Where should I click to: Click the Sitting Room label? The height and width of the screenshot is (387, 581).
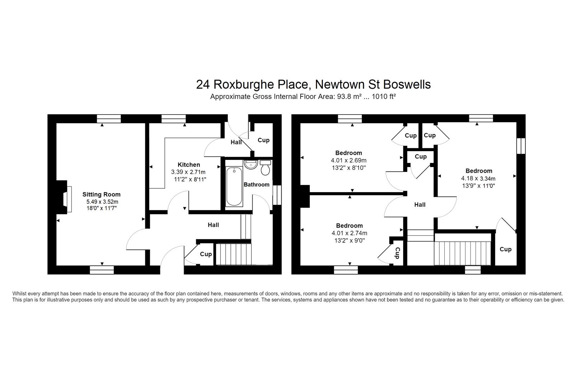[101, 194]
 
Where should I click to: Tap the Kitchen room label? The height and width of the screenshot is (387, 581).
[189, 164]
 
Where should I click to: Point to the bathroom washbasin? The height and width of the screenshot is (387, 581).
[251, 165]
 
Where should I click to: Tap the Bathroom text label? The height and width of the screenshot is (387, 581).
[256, 185]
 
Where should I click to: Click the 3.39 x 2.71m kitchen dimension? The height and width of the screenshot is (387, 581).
[188, 172]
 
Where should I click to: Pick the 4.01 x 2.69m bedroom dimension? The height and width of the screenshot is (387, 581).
[349, 160]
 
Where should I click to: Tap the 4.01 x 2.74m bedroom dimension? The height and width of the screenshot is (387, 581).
[349, 233]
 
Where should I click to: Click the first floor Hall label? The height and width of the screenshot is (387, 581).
[420, 205]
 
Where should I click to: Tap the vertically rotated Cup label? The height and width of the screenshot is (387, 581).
[397, 253]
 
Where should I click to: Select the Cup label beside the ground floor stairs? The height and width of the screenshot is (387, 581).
[206, 254]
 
